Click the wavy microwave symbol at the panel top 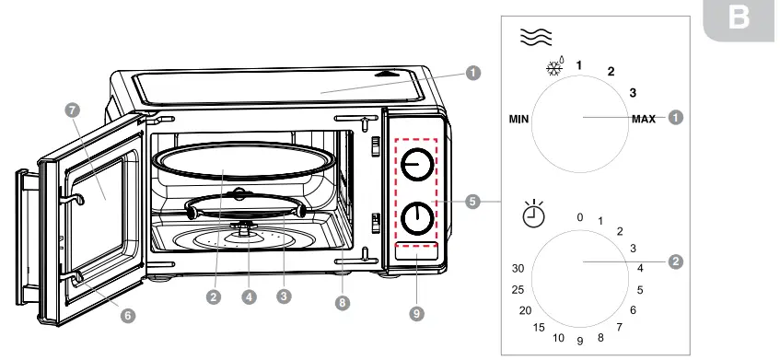pyautogui.click(x=536, y=36)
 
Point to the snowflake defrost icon pyautogui.click(x=553, y=70)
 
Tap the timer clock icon pyautogui.click(x=532, y=214)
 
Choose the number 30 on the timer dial pyautogui.click(x=518, y=268)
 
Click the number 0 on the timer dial pyautogui.click(x=579, y=217)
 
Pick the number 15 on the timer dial pyautogui.click(x=539, y=328)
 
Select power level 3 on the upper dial pyautogui.click(x=633, y=92)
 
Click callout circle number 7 pyautogui.click(x=75, y=109)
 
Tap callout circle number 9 pyautogui.click(x=416, y=314)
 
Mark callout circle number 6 pyautogui.click(x=127, y=315)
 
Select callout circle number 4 pyautogui.click(x=249, y=297)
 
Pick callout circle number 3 pyautogui.click(x=284, y=297)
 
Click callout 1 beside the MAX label pyautogui.click(x=675, y=118)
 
